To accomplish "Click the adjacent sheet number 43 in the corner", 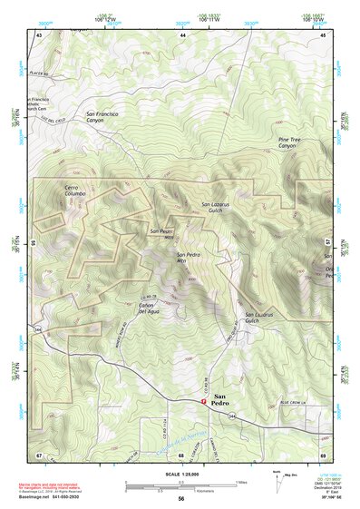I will [39, 34].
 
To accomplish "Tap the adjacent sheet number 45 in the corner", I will [322, 34].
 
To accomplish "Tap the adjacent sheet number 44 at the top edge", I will [182, 34].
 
